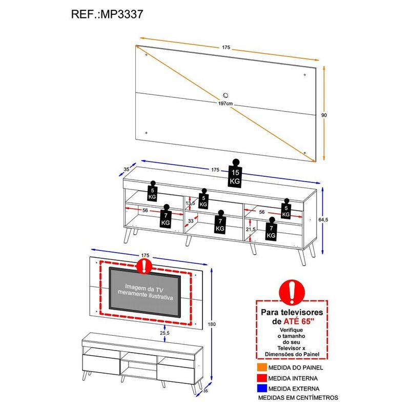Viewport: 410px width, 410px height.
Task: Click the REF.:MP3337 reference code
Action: pyautogui.click(x=107, y=14)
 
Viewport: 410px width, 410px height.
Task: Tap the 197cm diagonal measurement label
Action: pyautogui.click(x=225, y=104)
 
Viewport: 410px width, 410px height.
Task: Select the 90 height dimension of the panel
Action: pyautogui.click(x=324, y=115)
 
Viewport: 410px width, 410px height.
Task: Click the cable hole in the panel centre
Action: pyautogui.click(x=225, y=95)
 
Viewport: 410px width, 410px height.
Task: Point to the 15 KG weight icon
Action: pyautogui.click(x=235, y=173)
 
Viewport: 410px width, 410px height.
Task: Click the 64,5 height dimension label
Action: pyautogui.click(x=323, y=220)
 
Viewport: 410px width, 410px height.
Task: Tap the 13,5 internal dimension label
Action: pyautogui.click(x=190, y=203)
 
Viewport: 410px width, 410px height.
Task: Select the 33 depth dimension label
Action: pyautogui.click(x=191, y=221)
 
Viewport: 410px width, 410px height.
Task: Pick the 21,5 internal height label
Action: pyautogui.click(x=251, y=229)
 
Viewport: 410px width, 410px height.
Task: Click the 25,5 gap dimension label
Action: pyautogui.click(x=165, y=333)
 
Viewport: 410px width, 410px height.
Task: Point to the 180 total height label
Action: pyautogui.click(x=212, y=324)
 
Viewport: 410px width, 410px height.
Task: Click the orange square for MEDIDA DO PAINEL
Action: pyautogui.click(x=262, y=367)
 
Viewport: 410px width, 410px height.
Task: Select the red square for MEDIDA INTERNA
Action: pyautogui.click(x=262, y=378)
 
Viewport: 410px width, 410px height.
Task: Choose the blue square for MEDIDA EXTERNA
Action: pyautogui.click(x=262, y=388)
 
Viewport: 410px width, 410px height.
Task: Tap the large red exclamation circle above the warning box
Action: pyautogui.click(x=292, y=292)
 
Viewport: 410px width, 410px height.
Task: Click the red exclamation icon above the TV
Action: pyautogui.click(x=144, y=266)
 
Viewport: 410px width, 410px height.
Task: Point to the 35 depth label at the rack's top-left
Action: pyautogui.click(x=126, y=169)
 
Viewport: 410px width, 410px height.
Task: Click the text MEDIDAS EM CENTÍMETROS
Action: pyautogui.click(x=298, y=398)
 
